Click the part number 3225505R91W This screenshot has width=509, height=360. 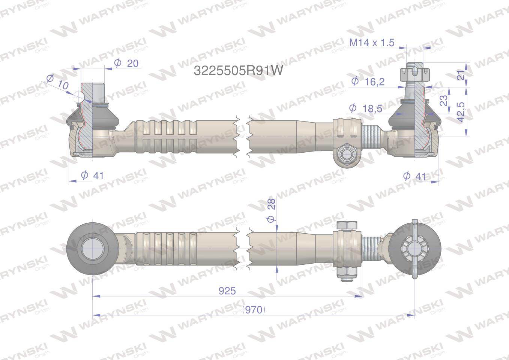pos(238,70)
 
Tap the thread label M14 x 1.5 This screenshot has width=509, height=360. pos(372,43)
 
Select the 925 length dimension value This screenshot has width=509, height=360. pos(228,291)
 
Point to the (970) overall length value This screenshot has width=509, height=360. pos(254,310)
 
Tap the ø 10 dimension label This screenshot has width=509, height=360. pos(58,83)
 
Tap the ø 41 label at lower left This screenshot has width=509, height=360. pos(92,175)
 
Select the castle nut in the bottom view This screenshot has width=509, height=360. pos(413,249)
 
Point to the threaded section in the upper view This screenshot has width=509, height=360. pos(373,136)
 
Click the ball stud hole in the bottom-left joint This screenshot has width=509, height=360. pos(91,249)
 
